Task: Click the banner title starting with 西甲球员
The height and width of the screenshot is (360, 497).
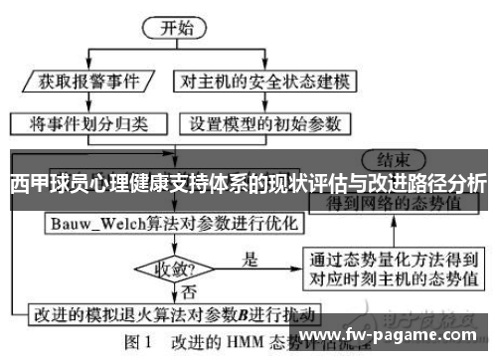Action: click(248, 184)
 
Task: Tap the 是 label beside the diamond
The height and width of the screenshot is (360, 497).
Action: click(249, 261)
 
